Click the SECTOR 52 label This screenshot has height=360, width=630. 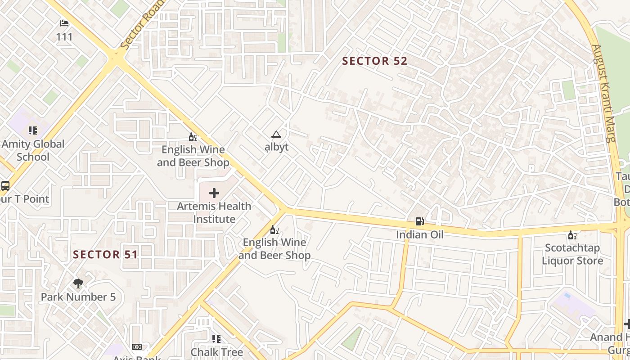tap(374, 61)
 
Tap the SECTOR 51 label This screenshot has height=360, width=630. tap(105, 255)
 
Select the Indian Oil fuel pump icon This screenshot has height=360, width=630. tap(419, 221)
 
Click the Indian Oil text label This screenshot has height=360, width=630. tap(419, 234)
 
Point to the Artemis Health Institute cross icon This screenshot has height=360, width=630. tap(214, 193)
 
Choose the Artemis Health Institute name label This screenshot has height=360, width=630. tap(214, 212)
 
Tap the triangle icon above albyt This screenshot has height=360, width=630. tap(276, 134)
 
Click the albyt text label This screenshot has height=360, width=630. tap(276, 147)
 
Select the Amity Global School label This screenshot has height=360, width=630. tap(33, 150)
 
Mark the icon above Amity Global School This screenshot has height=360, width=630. tap(32, 130)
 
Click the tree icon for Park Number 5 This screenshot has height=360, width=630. tap(78, 283)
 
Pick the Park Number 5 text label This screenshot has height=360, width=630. tap(78, 297)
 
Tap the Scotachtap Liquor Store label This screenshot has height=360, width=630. tap(572, 254)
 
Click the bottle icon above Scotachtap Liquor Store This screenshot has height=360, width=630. tap(572, 235)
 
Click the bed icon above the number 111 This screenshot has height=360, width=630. tap(64, 23)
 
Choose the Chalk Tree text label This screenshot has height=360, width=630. tap(216, 352)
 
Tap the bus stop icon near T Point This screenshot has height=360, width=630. tap(5, 185)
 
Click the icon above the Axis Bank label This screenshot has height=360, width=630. tap(136, 347)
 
